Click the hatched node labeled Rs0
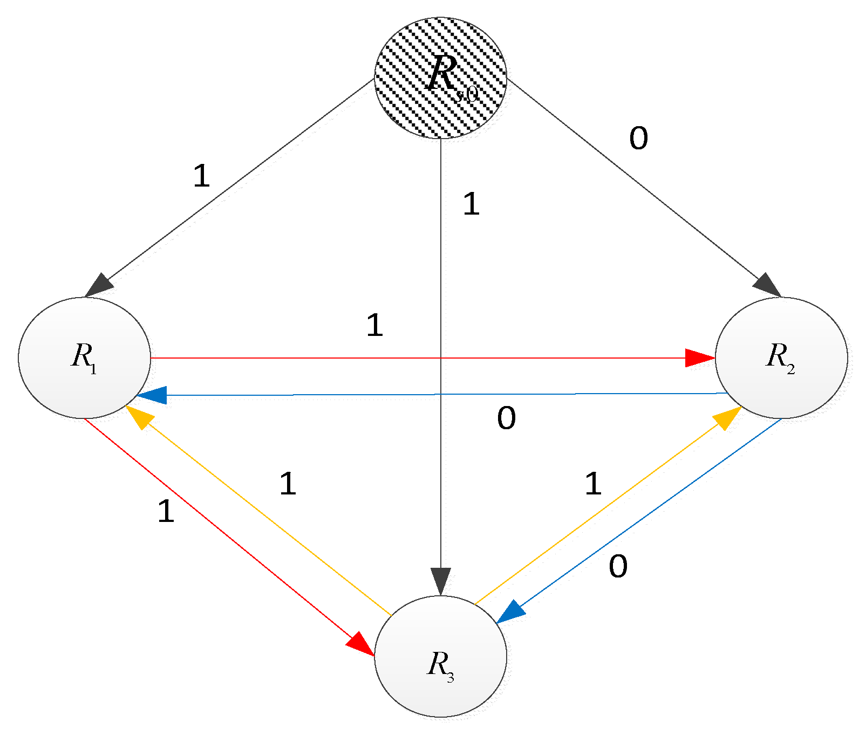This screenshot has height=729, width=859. click(x=441, y=78)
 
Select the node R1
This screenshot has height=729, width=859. click(x=85, y=357)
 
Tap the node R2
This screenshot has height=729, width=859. click(x=781, y=357)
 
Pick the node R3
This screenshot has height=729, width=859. click(x=441, y=656)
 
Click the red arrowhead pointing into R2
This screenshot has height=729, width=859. click(x=699, y=357)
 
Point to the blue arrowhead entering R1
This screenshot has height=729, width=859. click(x=152, y=395)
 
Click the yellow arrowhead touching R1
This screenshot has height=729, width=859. click(x=138, y=417)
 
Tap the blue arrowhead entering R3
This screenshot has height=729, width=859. click(x=510, y=613)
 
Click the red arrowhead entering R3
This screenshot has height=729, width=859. click(x=359, y=643)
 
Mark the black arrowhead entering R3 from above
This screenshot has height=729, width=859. click(x=441, y=581)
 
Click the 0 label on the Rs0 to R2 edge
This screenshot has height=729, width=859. click(x=638, y=139)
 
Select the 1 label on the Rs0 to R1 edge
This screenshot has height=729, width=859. click(x=201, y=176)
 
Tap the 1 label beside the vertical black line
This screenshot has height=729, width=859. click(x=471, y=204)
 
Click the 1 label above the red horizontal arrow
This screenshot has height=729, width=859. click(x=374, y=326)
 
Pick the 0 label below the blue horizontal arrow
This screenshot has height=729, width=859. click(x=506, y=418)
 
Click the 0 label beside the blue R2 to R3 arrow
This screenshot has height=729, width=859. click(x=618, y=567)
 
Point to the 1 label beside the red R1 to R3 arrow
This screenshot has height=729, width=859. click(x=166, y=511)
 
